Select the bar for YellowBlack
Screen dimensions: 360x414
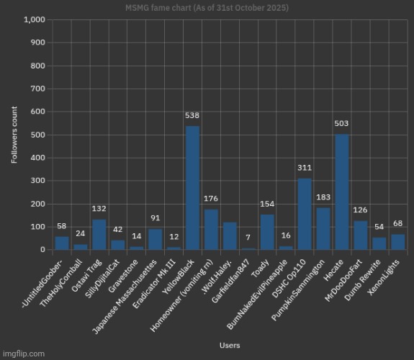tap(193, 188)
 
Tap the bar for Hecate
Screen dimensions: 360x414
tap(342, 192)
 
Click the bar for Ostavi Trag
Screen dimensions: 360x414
tap(99, 235)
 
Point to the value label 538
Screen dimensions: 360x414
tap(193, 115)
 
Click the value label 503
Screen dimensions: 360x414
tap(342, 123)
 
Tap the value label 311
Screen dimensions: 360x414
tap(305, 168)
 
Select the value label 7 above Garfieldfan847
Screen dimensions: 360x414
tap(248, 238)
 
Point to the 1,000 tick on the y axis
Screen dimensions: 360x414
tap(35, 19)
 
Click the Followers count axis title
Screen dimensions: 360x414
tap(14, 135)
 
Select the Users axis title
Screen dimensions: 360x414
tap(230, 346)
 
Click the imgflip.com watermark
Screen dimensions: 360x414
tap(23, 354)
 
